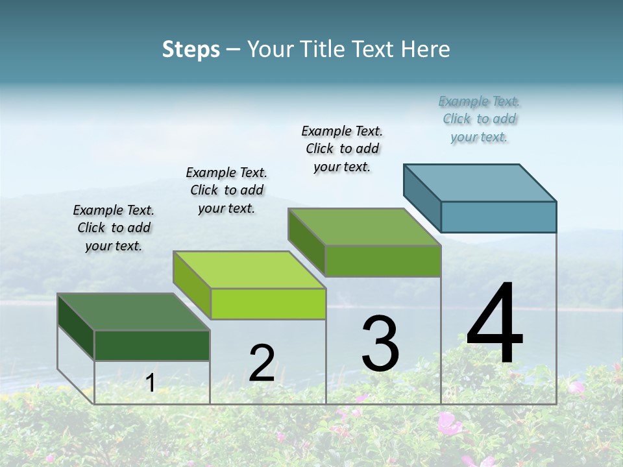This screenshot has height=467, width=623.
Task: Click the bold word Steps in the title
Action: coord(191,49)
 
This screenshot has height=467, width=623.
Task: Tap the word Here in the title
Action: coord(426,49)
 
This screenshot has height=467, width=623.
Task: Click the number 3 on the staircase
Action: coord(380,344)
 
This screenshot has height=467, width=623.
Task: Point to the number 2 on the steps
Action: coord(262,363)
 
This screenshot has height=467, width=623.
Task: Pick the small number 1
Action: coord(150,383)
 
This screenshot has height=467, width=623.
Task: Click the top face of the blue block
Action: coord(480,182)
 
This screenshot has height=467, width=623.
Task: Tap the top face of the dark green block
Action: coord(133,312)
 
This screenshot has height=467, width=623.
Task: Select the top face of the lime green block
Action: coord(249,270)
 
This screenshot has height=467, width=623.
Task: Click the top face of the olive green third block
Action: coord(364,227)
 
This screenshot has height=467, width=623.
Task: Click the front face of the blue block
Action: coord(498,217)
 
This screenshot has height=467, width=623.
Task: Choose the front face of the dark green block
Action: coord(152,345)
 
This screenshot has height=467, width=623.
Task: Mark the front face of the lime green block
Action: coord(268,304)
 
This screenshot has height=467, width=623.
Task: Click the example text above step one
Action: coord(114,228)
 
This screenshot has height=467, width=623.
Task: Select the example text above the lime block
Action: coord(226,190)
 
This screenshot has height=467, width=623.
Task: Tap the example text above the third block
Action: coord(342,149)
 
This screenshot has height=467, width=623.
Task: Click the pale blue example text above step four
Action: coord(480,119)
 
